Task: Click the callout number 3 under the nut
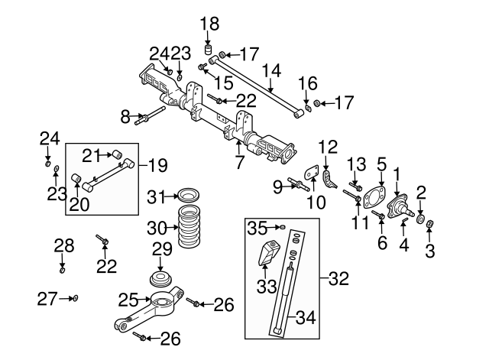coord(429,251)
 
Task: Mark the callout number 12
coord(327,146)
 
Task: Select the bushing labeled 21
coord(118,156)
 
